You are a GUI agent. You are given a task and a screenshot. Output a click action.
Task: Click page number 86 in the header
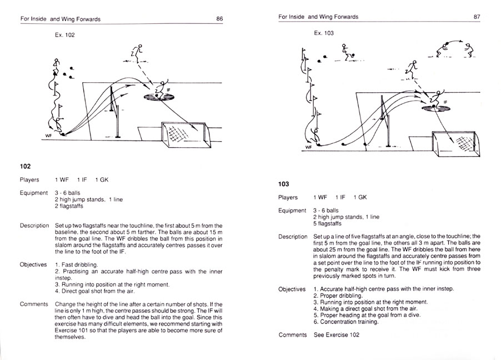(x=219, y=18)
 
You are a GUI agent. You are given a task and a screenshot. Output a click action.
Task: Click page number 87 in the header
(x=477, y=17)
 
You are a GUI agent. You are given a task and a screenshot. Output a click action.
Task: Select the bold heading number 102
(x=25, y=166)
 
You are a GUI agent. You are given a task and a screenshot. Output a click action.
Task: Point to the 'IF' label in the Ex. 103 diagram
(x=445, y=102)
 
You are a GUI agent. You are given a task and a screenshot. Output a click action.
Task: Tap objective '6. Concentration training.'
(x=347, y=322)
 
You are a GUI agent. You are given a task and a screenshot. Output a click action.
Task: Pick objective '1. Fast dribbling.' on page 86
(x=77, y=264)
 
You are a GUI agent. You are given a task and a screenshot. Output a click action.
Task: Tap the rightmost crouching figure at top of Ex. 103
(x=469, y=50)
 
